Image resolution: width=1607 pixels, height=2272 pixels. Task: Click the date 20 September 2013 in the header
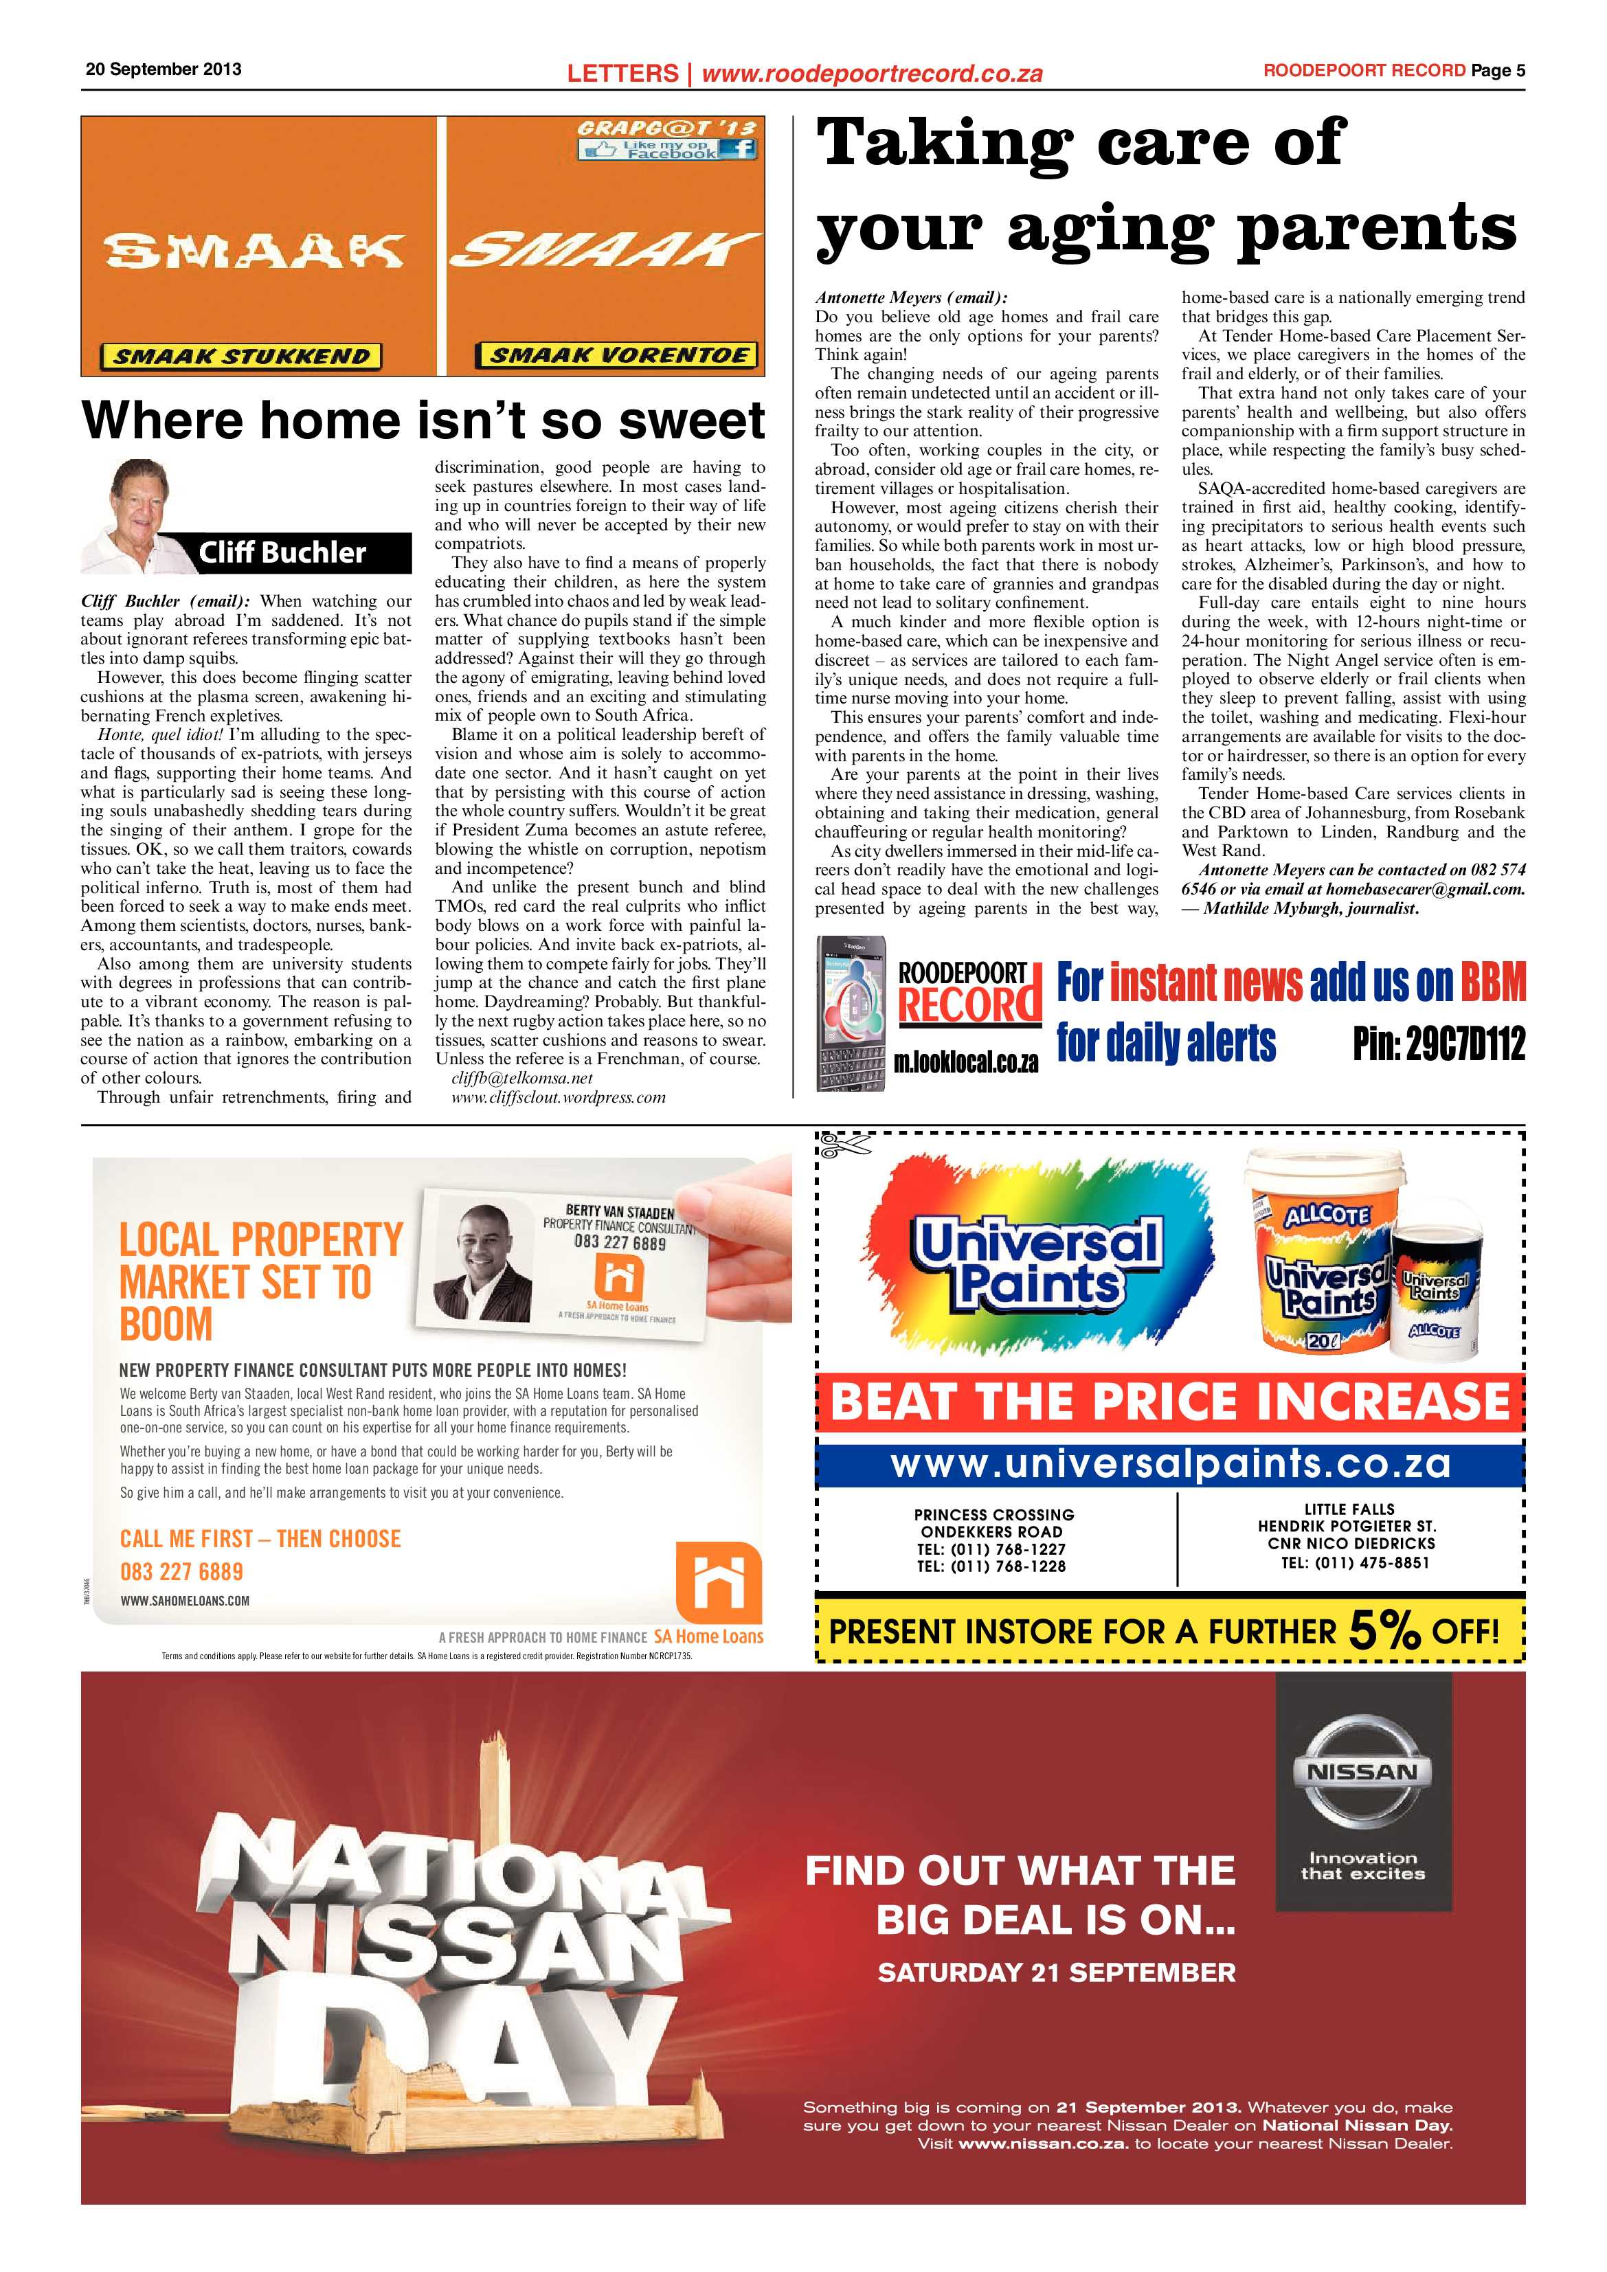[164, 69]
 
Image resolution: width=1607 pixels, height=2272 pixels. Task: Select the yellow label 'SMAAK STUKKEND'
[240, 357]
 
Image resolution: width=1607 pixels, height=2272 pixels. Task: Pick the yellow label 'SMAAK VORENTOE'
[618, 355]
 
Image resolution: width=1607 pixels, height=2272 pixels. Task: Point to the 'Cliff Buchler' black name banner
[283, 552]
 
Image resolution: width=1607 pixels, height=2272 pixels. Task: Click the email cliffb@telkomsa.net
[521, 1078]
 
